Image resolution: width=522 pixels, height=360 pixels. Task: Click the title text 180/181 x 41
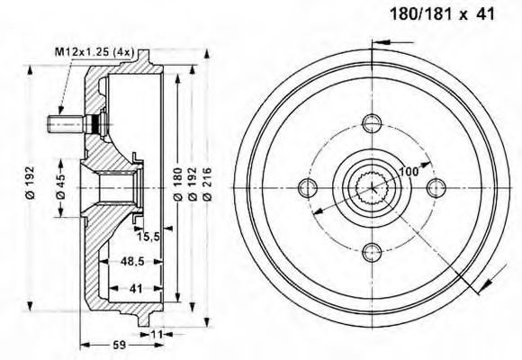pyautogui.click(x=442, y=14)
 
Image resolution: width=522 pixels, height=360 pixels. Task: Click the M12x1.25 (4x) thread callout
pyautogui.click(x=94, y=51)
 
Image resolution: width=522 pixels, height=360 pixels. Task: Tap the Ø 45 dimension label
pyautogui.click(x=61, y=187)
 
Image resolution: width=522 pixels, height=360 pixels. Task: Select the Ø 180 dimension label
pyautogui.click(x=178, y=184)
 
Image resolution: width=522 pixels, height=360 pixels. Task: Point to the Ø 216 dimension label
pyautogui.click(x=207, y=184)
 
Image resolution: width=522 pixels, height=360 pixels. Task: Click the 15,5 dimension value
pyautogui.click(x=148, y=237)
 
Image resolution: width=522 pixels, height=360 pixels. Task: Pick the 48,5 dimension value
pyautogui.click(x=132, y=261)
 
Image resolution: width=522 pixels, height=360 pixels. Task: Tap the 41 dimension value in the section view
pyautogui.click(x=136, y=288)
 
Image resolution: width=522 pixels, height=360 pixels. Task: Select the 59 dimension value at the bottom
pyautogui.click(x=120, y=345)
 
